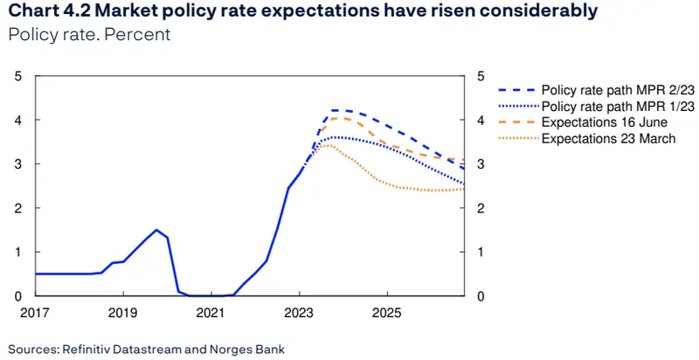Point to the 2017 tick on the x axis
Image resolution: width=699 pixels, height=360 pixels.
pyautogui.click(x=36, y=312)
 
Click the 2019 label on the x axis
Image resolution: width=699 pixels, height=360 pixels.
pyautogui.click(x=123, y=312)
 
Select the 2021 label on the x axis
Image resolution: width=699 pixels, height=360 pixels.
pyautogui.click(x=211, y=312)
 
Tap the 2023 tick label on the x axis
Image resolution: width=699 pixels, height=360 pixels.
pyautogui.click(x=299, y=312)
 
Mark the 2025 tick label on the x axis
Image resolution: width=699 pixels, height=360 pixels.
pyautogui.click(x=387, y=312)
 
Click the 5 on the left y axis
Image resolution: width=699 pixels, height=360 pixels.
pyautogui.click(x=19, y=76)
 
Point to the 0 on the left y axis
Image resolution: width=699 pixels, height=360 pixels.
pyautogui.click(x=19, y=296)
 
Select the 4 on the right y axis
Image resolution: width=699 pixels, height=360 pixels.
pyautogui.click(x=480, y=120)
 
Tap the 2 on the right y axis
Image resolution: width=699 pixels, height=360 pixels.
pyautogui.click(x=480, y=208)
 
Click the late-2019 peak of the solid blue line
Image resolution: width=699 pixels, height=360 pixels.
pyautogui.click(x=156, y=230)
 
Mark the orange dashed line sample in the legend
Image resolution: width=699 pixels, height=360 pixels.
pyautogui.click(x=516, y=121)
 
